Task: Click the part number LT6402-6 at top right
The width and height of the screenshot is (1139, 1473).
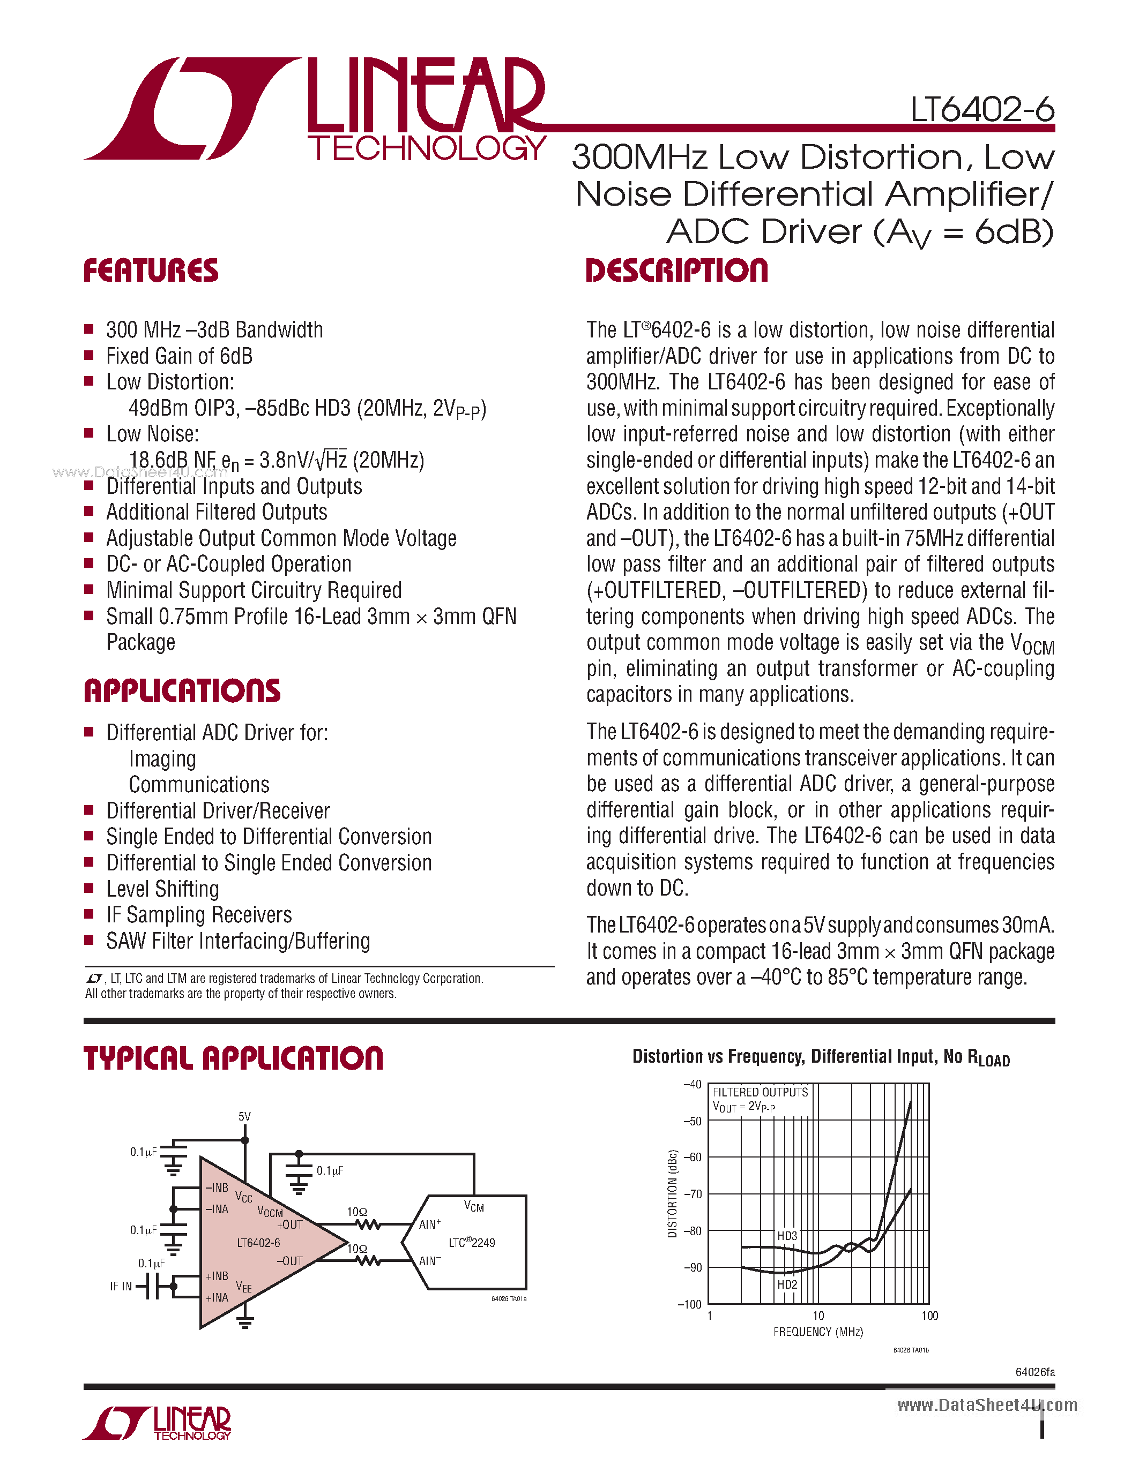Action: tap(982, 109)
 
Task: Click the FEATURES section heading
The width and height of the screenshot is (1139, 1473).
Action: tap(151, 270)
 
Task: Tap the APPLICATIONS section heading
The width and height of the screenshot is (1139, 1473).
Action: tap(182, 692)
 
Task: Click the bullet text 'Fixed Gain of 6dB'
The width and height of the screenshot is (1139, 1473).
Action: tap(179, 356)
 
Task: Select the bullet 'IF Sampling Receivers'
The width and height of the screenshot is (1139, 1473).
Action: tap(199, 915)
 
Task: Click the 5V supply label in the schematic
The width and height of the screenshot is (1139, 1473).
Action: tap(244, 1116)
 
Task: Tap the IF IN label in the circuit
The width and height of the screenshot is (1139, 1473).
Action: tap(121, 1286)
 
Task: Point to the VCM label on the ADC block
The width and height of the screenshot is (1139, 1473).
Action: tap(474, 1207)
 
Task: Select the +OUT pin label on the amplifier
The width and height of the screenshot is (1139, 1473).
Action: tap(289, 1225)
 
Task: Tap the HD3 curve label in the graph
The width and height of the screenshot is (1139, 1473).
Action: tap(787, 1236)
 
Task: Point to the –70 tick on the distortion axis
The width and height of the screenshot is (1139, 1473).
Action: tap(693, 1194)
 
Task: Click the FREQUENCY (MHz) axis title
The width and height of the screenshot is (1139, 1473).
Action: tap(818, 1332)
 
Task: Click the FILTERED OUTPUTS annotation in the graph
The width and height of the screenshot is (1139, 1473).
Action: tap(760, 1092)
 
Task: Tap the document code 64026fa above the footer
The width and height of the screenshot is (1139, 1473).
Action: tap(1034, 1372)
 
